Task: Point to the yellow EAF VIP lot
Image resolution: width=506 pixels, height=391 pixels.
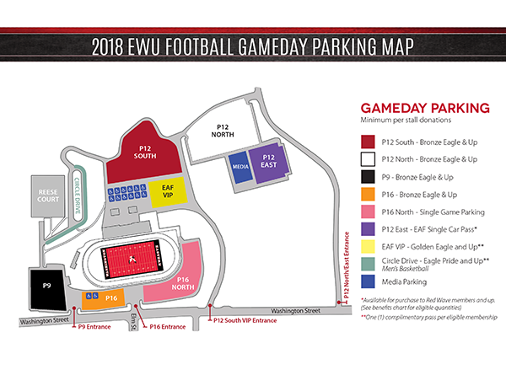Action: coord(169,190)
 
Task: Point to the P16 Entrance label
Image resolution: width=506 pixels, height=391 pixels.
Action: coord(166,325)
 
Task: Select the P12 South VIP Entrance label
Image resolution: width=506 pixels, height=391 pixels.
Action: coord(245,320)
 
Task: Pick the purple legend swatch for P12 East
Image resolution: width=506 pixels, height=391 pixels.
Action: coord(369,228)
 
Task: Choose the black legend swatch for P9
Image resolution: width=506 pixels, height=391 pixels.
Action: coord(369,176)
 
